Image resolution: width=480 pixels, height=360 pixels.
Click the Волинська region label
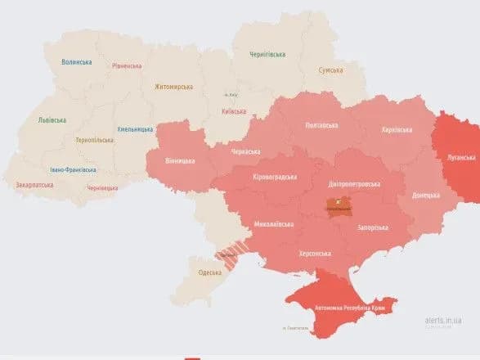coord(76,62)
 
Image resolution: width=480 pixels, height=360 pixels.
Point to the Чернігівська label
coord(267,55)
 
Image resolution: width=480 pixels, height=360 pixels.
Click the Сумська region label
coord(330,70)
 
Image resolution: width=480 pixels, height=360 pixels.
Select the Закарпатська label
coord(34,185)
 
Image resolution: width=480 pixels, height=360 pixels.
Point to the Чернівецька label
coord(102,188)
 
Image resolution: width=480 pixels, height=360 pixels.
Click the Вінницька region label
coord(179,160)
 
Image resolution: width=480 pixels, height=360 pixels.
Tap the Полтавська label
coord(321,125)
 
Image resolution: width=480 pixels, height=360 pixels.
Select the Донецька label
coord(425,196)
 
